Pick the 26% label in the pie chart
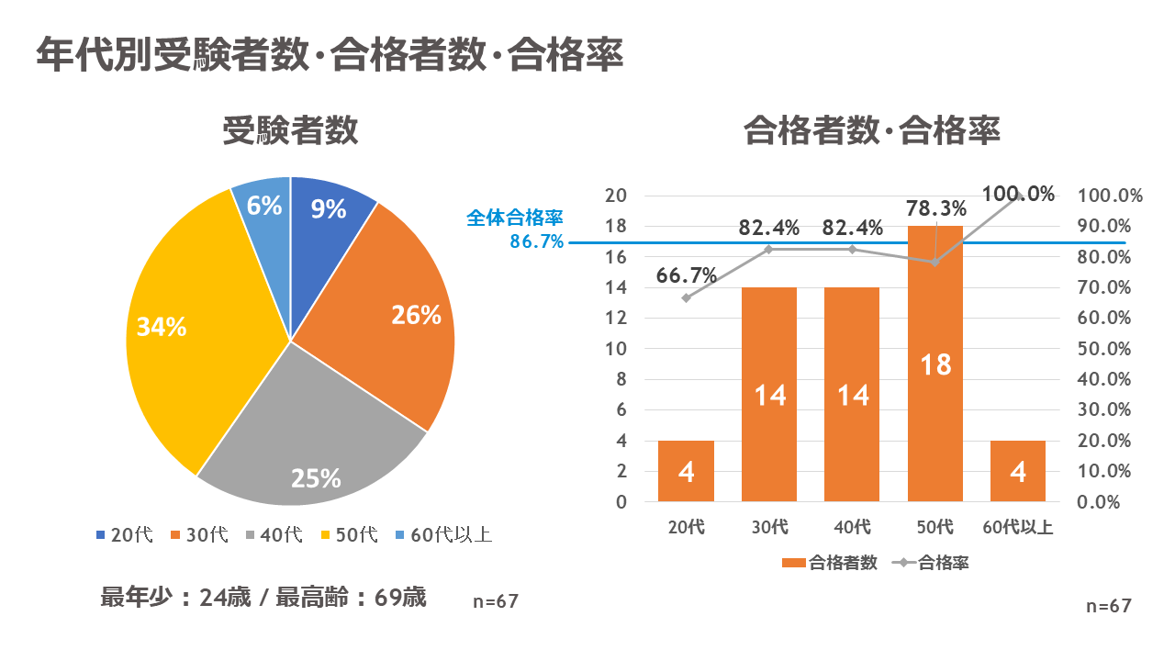(x=417, y=315)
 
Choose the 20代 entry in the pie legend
(x=124, y=534)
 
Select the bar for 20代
(x=686, y=471)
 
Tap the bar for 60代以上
(x=1018, y=471)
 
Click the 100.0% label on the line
(x=1017, y=194)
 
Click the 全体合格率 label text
(x=514, y=218)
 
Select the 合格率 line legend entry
(x=932, y=563)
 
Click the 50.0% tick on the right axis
(x=1109, y=349)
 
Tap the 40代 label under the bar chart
(x=852, y=527)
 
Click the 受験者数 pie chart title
(x=290, y=131)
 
